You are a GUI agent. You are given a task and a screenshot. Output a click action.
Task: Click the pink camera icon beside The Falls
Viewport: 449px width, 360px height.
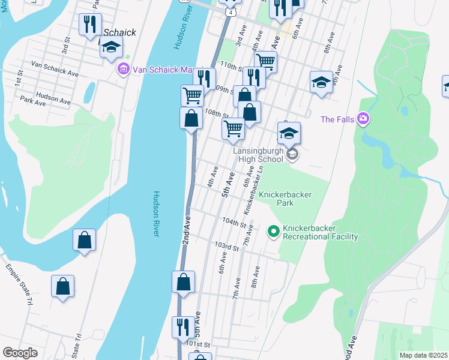363,119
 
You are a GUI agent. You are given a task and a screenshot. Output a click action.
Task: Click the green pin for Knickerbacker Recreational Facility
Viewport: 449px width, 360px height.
273,230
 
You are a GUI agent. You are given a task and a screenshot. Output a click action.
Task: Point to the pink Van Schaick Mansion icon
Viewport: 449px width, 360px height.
124,70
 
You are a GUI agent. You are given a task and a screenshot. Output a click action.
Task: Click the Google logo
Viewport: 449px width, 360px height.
20,353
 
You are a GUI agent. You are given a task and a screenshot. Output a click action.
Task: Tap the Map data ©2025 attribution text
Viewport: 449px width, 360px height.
423,355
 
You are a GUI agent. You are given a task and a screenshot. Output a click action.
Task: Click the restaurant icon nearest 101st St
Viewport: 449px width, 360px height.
183,328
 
